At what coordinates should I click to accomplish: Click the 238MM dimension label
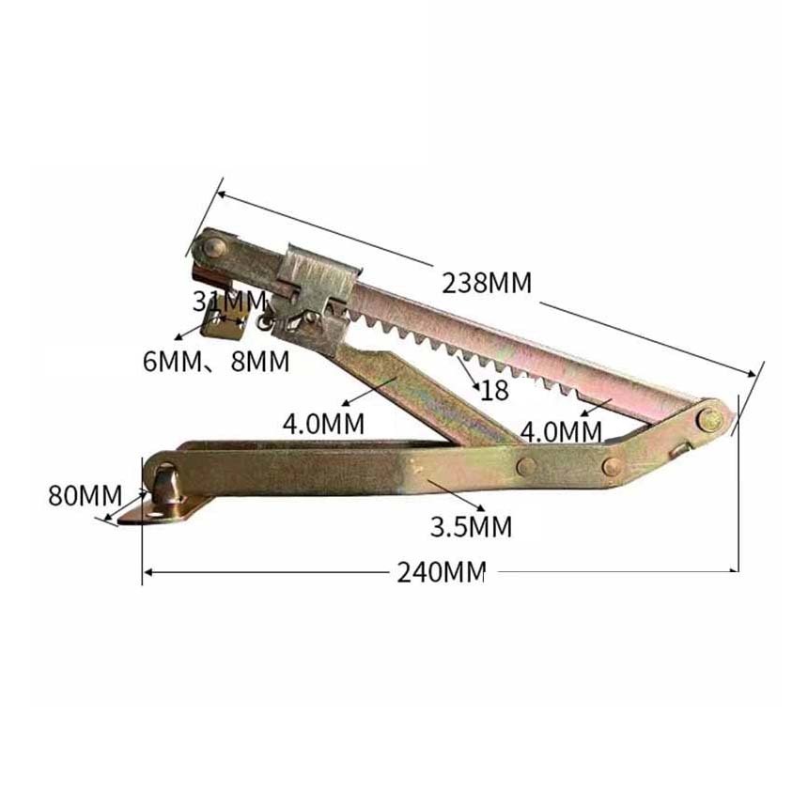[487, 283]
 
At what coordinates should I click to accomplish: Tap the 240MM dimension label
[441, 571]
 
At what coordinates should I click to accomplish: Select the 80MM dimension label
[85, 496]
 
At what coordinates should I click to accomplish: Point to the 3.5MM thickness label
[471, 527]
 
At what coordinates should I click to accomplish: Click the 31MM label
[229, 302]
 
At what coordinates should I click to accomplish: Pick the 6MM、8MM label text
[216, 361]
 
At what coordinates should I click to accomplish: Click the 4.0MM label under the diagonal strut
[323, 424]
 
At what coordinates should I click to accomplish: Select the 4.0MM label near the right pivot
[561, 432]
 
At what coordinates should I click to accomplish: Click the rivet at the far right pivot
[709, 419]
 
